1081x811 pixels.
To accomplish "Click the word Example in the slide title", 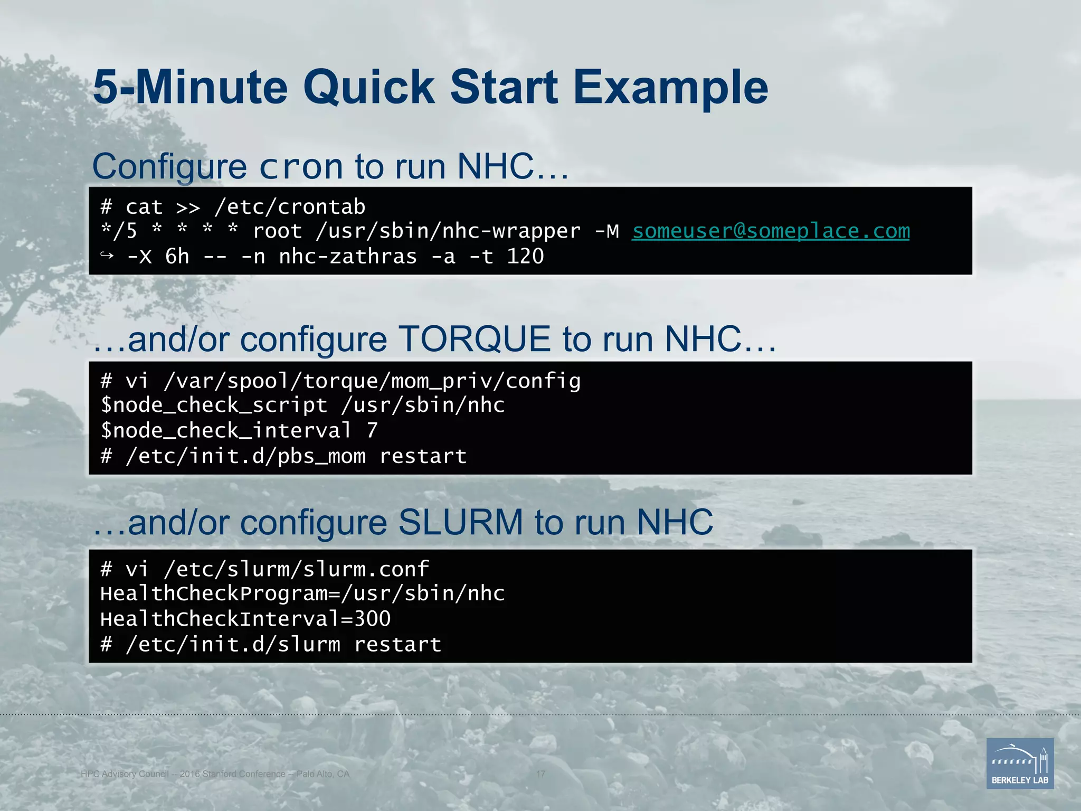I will coord(670,87).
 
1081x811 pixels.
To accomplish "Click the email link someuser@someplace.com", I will coord(771,231).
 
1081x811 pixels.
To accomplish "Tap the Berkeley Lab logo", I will coord(1020,763).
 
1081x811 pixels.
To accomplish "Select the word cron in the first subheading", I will coord(301,167).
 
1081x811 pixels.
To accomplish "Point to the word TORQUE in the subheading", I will coord(474,338).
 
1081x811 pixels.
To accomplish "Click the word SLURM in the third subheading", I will coord(460,522).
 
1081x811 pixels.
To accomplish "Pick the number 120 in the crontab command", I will coord(525,257).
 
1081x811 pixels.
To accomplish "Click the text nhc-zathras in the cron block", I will coord(348,257).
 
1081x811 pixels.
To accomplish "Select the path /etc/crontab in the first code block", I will coord(290,207).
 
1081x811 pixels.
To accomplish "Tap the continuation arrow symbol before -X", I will coord(107,257).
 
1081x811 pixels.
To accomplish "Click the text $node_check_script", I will coord(214,405).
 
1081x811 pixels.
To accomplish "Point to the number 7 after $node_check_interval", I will coord(372,430).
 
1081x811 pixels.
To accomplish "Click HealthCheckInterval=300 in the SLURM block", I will coord(245,619).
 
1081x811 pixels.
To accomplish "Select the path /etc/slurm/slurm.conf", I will coord(296,569).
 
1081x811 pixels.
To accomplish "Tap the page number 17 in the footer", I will coord(540,774).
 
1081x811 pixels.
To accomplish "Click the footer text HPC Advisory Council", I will coord(125,774).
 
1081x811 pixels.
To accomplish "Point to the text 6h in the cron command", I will coord(177,257).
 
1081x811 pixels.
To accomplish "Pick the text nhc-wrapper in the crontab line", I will coord(511,231).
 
